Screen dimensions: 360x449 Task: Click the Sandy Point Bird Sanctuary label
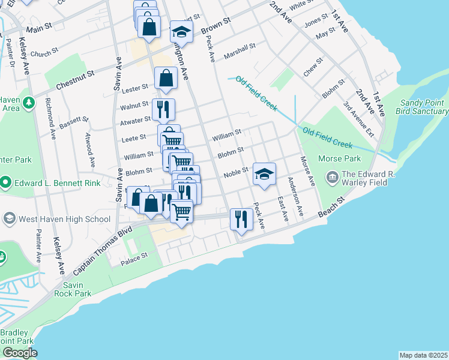point(423,107)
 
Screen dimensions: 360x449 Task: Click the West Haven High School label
point(64,218)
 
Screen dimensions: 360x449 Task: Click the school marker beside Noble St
point(264,174)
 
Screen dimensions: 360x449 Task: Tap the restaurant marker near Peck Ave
point(241,220)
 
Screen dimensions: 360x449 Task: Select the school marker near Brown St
point(181,32)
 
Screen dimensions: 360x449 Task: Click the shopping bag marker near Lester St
point(165,78)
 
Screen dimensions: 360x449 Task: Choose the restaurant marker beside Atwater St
point(163,109)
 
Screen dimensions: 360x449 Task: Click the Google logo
point(20,352)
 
